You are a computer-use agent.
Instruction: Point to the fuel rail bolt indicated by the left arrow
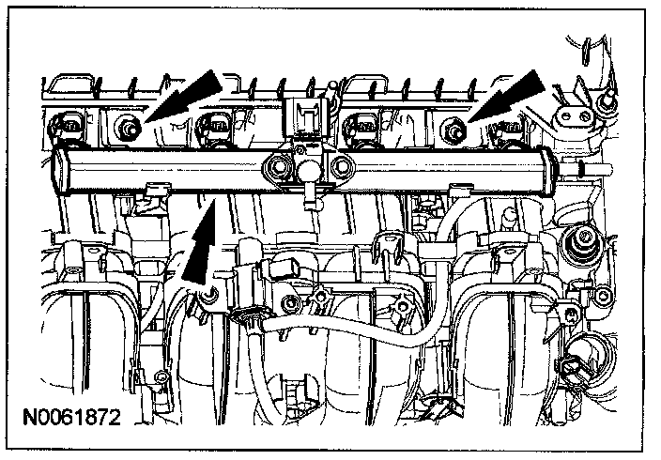(126, 126)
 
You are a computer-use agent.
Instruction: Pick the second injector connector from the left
(215, 126)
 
